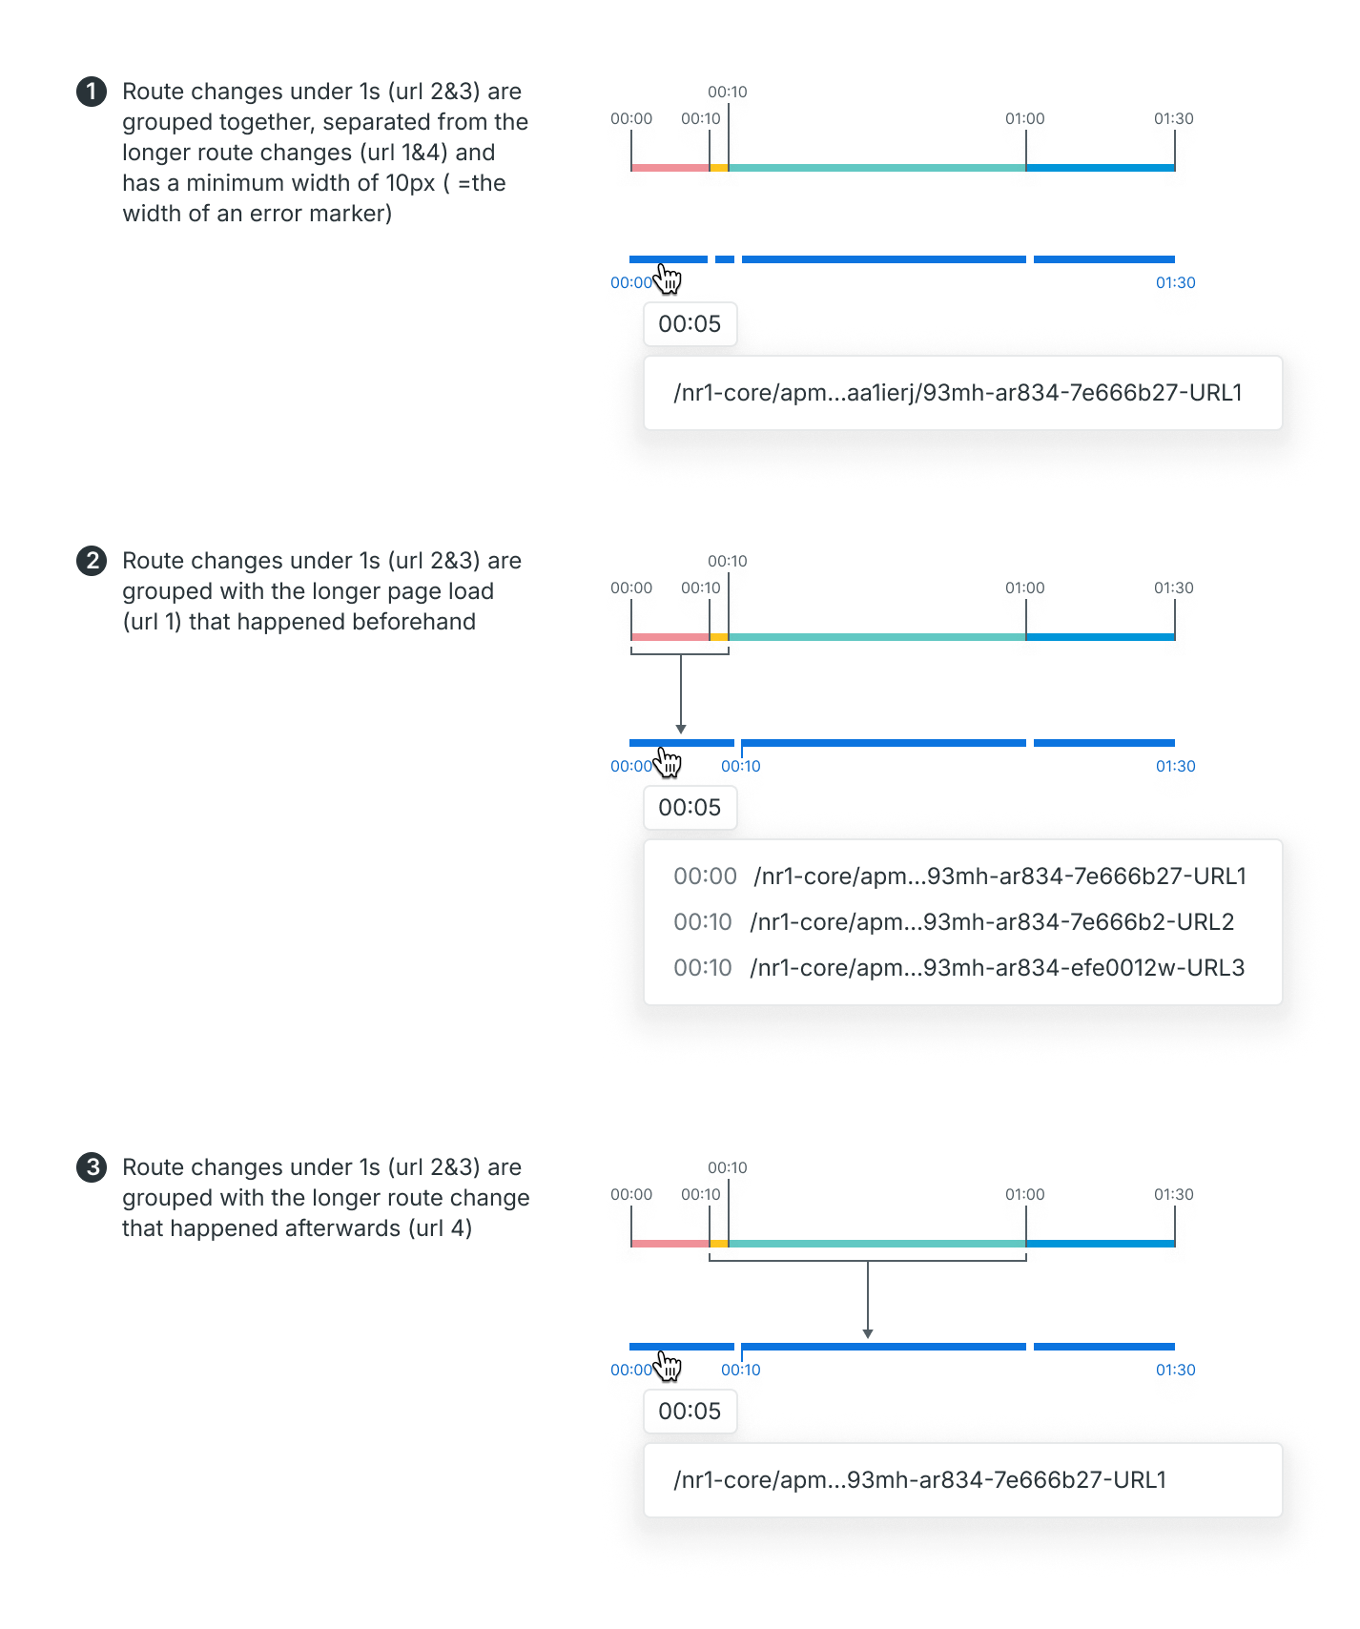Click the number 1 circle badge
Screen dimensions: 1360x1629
tap(92, 92)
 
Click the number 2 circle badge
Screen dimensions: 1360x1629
tap(92, 561)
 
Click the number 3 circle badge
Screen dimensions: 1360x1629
tap(92, 1167)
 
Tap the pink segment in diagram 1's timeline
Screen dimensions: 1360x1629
tap(670, 168)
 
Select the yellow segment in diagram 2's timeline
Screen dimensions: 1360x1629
tap(719, 637)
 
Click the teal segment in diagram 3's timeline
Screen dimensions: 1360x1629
tap(877, 1244)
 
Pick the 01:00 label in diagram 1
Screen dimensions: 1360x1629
tap(1025, 118)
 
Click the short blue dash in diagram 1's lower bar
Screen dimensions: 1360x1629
tap(725, 259)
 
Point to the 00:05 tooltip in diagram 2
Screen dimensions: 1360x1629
tap(690, 807)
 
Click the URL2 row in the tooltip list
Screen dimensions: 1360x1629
tap(954, 922)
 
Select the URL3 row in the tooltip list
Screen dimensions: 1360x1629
tap(958, 968)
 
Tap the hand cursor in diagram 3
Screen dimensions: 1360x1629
tap(669, 1366)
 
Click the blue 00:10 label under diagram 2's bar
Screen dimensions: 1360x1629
tap(741, 766)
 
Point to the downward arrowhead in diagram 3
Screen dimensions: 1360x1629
tap(868, 1333)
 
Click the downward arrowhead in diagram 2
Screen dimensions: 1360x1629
tap(681, 729)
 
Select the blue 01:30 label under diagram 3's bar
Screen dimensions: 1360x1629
tap(1176, 1370)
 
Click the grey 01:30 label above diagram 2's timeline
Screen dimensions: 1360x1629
tap(1174, 588)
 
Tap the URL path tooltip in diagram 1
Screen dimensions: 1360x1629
tap(963, 393)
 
